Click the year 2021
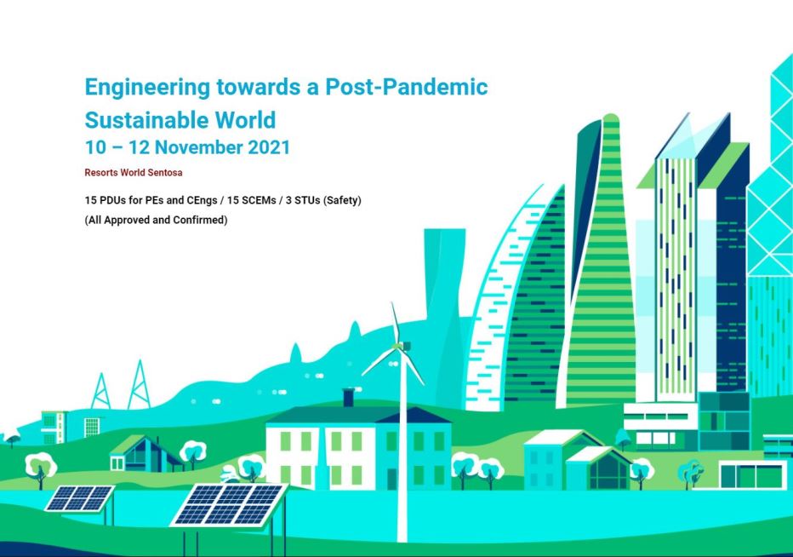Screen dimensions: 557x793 coord(269,147)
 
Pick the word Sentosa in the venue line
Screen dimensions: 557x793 coord(165,172)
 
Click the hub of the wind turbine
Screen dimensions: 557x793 coord(402,347)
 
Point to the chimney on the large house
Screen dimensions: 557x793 coord(347,398)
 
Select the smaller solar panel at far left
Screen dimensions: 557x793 coord(78,498)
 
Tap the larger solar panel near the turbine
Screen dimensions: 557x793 coord(228,503)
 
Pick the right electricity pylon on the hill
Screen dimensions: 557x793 coord(138,386)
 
